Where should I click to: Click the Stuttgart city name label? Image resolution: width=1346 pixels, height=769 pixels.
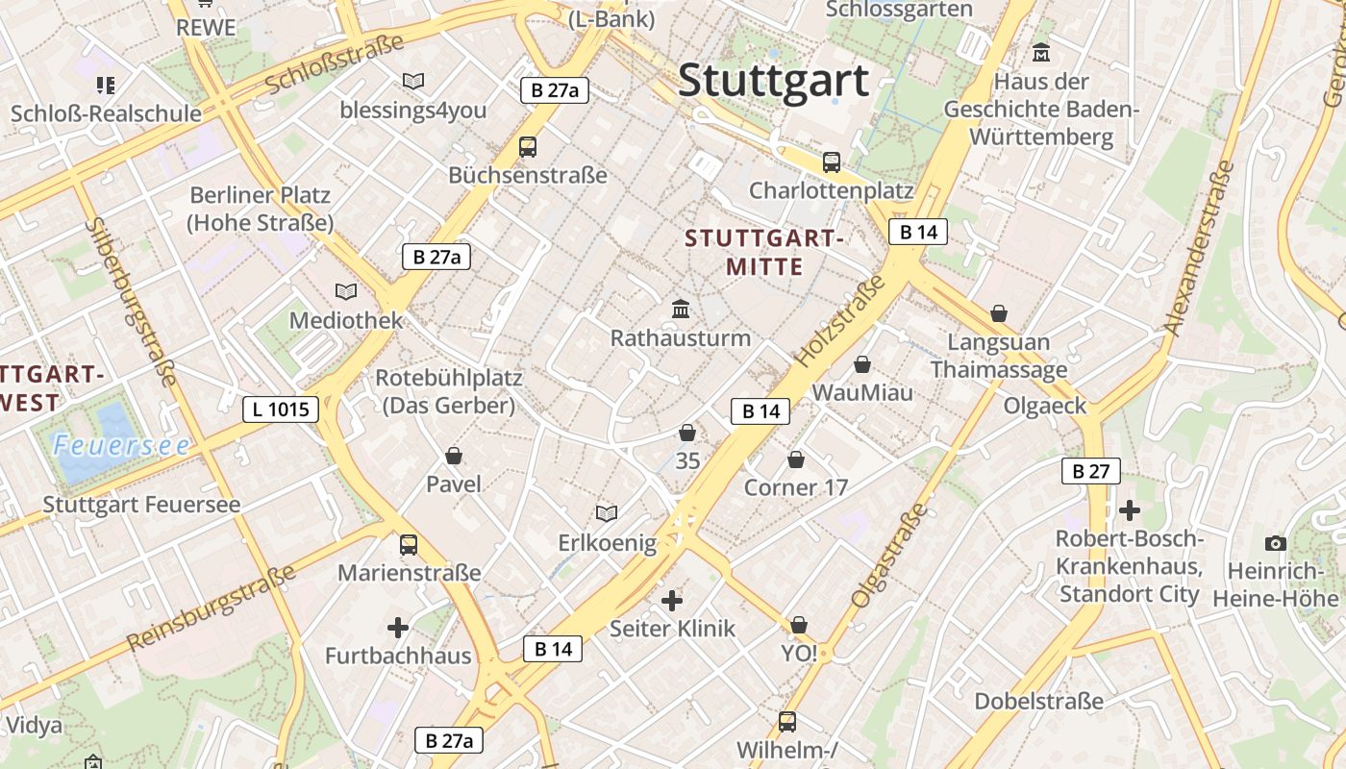click(x=773, y=81)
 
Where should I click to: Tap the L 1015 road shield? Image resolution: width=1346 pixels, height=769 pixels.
click(x=280, y=409)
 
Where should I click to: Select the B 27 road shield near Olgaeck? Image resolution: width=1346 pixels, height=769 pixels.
click(x=1091, y=471)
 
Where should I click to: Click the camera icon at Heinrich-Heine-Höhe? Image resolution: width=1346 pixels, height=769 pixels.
click(x=1276, y=543)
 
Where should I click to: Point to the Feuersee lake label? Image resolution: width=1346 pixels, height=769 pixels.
click(x=121, y=446)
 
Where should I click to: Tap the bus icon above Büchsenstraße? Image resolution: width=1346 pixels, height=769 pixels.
click(x=527, y=147)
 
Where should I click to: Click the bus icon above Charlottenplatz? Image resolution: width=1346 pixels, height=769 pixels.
click(x=832, y=162)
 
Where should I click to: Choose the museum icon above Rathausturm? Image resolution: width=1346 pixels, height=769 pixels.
click(x=681, y=309)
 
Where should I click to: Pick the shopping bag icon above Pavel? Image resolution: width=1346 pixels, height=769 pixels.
click(x=454, y=455)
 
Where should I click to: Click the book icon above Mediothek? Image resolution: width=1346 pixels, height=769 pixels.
click(x=346, y=290)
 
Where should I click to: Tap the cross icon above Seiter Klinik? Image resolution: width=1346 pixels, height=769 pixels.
click(x=672, y=601)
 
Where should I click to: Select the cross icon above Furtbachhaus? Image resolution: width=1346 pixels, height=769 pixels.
click(x=398, y=628)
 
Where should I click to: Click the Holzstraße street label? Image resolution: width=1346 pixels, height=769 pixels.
click(x=838, y=320)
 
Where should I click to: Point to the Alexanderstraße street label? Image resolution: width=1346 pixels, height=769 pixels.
click(x=1199, y=248)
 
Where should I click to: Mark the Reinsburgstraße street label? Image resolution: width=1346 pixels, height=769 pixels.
click(x=212, y=608)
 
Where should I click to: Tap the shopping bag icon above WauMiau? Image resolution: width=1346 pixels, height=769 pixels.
click(x=862, y=364)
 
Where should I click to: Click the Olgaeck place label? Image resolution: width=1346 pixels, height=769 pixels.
click(x=1045, y=406)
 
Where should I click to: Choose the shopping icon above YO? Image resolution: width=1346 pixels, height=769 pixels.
click(x=799, y=626)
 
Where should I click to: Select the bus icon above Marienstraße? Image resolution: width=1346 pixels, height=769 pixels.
click(x=409, y=545)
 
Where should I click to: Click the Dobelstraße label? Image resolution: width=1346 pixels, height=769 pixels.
click(x=1039, y=702)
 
